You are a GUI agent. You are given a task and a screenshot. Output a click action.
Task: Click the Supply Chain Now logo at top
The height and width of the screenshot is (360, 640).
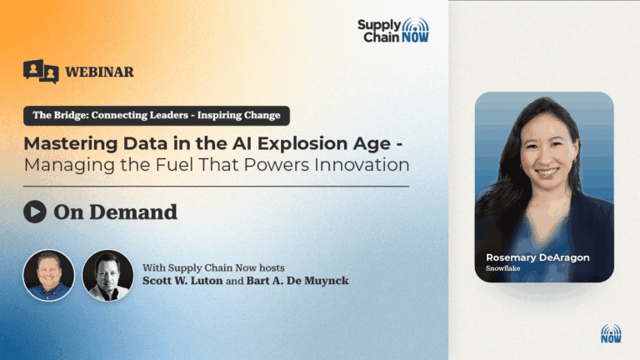point(393,30)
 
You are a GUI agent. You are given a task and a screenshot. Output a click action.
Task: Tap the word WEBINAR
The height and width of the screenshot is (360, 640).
point(99,72)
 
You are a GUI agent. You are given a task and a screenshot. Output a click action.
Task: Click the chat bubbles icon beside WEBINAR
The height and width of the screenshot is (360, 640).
point(41,72)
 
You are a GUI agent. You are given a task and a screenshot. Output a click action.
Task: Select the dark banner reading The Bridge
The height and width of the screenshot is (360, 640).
point(157,116)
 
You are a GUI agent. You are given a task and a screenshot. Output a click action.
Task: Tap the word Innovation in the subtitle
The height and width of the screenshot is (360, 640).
point(362,165)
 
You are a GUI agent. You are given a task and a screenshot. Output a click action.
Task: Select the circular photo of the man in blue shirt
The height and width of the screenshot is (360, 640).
point(48,276)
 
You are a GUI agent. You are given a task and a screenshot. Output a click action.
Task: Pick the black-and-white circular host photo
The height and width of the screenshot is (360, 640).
point(107,276)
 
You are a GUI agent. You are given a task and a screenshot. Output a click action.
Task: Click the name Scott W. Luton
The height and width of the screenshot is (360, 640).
point(182,281)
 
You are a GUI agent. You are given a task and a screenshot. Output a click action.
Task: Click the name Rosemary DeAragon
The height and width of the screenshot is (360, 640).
point(537,257)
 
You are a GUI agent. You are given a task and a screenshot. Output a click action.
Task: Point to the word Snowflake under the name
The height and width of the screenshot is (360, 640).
point(502,268)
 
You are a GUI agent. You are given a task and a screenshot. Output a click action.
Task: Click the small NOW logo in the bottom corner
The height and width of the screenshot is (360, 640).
point(611,334)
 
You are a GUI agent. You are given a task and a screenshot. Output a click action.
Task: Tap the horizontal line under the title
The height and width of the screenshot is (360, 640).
point(217,186)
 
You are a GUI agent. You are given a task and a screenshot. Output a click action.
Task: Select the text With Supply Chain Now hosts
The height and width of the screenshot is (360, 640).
point(213,267)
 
